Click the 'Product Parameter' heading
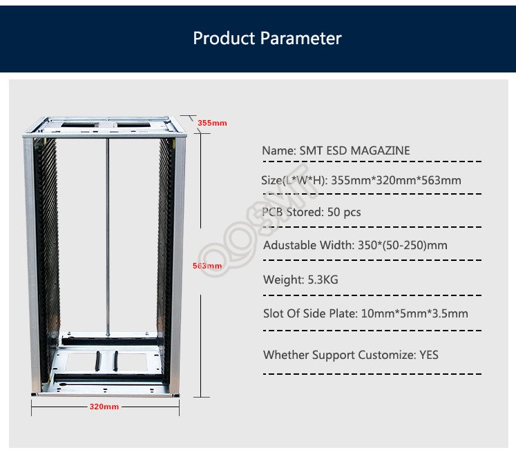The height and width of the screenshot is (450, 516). click(267, 38)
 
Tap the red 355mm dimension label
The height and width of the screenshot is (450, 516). click(212, 123)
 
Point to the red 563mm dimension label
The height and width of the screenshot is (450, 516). click(207, 266)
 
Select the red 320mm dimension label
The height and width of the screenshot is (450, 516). click(104, 407)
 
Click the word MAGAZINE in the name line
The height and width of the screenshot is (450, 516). click(380, 150)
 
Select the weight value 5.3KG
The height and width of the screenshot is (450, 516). click(323, 280)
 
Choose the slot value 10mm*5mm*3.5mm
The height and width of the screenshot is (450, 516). click(414, 313)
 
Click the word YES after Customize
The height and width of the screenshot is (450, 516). click(429, 355)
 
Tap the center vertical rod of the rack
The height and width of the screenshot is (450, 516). click(107, 237)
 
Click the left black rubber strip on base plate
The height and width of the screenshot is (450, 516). click(97, 361)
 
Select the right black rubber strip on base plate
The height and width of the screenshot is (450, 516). click(115, 361)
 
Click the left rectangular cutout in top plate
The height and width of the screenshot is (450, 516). click(79, 125)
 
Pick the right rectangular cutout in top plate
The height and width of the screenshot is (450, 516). click(133, 125)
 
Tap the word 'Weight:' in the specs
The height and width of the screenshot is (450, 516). click(284, 280)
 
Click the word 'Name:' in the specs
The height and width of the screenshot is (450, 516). click(279, 150)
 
